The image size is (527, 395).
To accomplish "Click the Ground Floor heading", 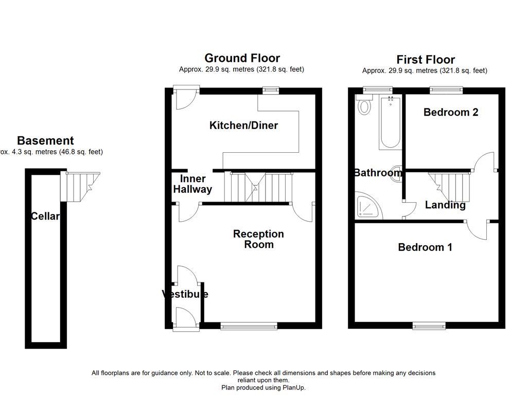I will [242, 58].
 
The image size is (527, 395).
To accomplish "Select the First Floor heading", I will [425, 60].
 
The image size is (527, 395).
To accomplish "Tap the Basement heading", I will [45, 140].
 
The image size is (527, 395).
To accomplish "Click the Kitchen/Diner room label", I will [243, 125].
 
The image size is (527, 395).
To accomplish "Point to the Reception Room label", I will [258, 239].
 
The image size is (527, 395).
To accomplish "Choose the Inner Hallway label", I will [192, 184].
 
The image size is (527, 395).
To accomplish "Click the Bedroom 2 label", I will [451, 112].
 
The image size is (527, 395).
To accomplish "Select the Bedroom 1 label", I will [425, 247].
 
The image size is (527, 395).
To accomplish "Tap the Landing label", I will [445, 205].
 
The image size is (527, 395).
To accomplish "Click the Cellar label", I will [45, 217].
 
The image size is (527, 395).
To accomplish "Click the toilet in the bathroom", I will [364, 106].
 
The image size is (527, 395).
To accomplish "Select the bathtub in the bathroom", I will [390, 122].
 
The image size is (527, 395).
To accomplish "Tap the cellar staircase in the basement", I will [79, 186].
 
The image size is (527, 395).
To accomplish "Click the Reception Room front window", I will [249, 326].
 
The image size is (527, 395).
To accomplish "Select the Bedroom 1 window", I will [429, 326].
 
